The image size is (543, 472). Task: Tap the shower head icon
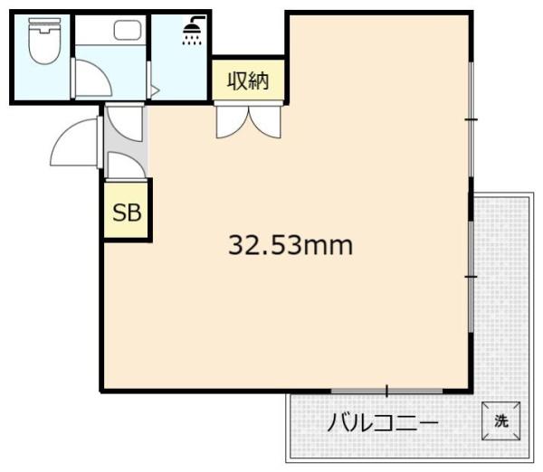tap(192, 33)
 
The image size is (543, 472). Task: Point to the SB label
tap(126, 213)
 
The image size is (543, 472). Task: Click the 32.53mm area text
tap(290, 244)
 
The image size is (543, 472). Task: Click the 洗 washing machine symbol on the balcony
tap(500, 420)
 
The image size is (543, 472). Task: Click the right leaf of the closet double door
tap(269, 120)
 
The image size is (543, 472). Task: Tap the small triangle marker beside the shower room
tap(155, 90)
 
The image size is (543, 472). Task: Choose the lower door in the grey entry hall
tap(124, 164)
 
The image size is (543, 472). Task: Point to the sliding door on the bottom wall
tap(386, 391)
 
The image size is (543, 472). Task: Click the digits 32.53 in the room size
tap(263, 244)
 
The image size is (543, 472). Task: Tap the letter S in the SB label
tap(119, 213)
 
